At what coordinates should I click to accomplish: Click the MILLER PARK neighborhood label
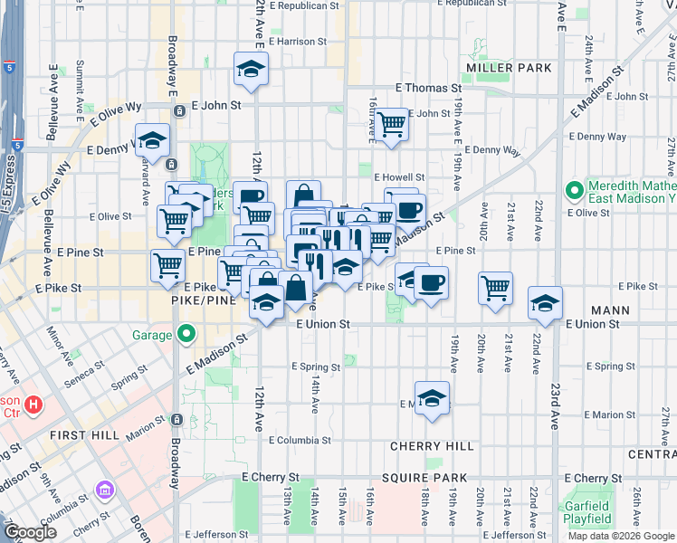(509, 68)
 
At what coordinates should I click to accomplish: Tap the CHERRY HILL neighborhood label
(432, 446)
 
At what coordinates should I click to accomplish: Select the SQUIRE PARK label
(424, 478)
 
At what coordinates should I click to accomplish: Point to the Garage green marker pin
(186, 335)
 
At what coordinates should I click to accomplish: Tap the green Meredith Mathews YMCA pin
(573, 190)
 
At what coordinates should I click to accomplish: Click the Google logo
(30, 532)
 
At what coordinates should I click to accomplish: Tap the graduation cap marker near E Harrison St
(251, 70)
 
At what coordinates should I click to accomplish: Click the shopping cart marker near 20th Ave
(495, 289)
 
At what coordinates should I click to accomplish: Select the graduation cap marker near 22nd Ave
(545, 303)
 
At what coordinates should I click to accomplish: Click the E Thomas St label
(427, 88)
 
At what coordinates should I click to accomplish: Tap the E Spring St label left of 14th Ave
(316, 367)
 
